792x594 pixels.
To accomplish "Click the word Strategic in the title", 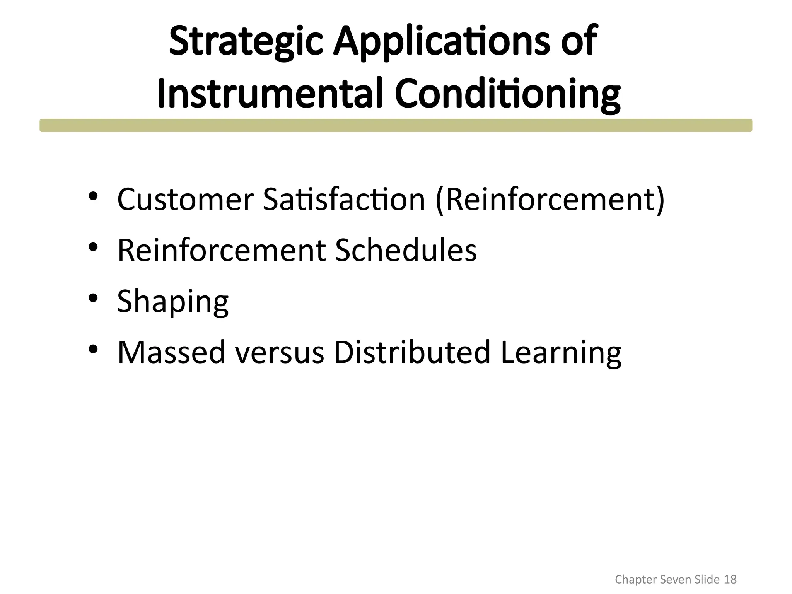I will click(x=246, y=41).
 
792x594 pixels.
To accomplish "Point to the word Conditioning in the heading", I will click(x=507, y=94).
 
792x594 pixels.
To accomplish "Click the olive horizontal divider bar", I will click(x=396, y=125).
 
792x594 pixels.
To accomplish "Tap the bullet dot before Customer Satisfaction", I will click(x=93, y=196).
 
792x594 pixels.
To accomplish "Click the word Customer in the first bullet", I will click(x=185, y=200).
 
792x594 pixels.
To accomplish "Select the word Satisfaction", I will click(x=344, y=200).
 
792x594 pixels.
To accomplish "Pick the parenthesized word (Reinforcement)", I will click(x=550, y=200).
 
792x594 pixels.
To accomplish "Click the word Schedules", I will click(x=405, y=250).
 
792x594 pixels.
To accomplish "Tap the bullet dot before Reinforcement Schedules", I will click(x=93, y=247).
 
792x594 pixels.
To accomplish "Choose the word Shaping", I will click(x=172, y=302).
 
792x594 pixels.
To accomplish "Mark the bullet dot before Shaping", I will click(x=93, y=298).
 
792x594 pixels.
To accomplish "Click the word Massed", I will click(x=171, y=352).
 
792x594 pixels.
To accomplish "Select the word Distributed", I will click(x=412, y=352).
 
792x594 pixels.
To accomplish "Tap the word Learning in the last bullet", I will click(x=561, y=352).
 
